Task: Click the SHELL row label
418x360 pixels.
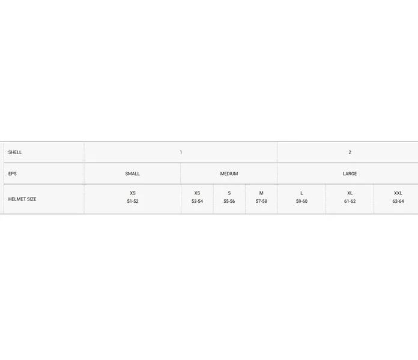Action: [x=15, y=152]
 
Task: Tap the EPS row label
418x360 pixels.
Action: [x=12, y=173]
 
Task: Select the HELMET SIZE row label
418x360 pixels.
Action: [x=22, y=199]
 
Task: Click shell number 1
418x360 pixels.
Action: [x=181, y=152]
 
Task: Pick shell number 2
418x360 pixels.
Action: [x=350, y=152]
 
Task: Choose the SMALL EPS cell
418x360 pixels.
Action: [x=133, y=173]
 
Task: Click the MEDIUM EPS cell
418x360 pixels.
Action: [x=229, y=173]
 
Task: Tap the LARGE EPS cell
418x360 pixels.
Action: [x=350, y=173]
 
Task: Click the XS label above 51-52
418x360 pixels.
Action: [x=133, y=193]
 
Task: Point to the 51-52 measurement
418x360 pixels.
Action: [x=133, y=202]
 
